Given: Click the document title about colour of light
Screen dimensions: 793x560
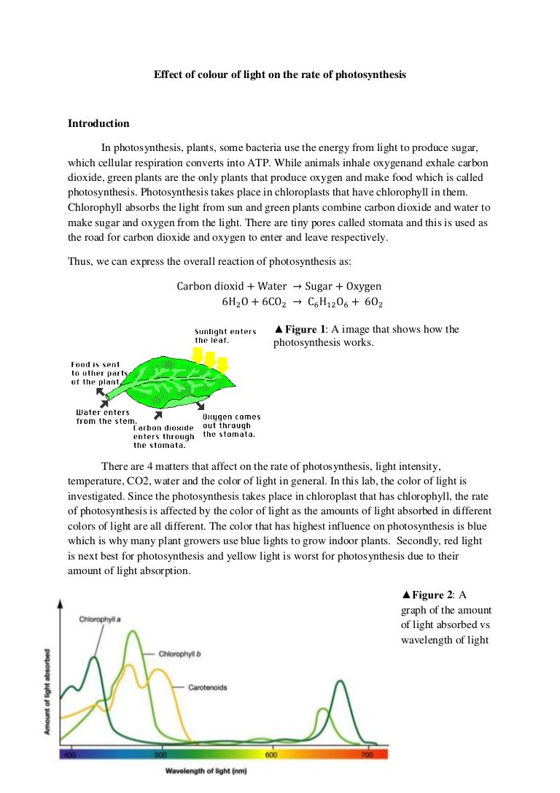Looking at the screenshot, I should [x=280, y=74].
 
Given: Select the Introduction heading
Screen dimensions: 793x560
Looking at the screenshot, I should [x=98, y=123].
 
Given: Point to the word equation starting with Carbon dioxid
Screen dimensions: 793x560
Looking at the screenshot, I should [x=279, y=286].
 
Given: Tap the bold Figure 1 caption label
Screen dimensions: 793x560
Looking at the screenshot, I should [x=300, y=329].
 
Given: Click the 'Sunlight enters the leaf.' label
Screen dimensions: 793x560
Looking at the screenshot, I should [x=225, y=336].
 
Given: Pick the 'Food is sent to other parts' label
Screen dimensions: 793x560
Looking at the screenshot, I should [x=99, y=373].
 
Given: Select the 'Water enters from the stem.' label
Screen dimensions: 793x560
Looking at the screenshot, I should [x=103, y=417].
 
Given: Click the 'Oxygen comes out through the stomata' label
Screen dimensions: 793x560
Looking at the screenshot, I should [x=231, y=425].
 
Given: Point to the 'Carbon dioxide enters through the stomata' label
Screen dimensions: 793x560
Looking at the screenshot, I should [x=163, y=436].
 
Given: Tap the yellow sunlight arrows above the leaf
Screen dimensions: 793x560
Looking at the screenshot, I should [x=209, y=359].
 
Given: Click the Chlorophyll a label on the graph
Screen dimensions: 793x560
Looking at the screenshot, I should [x=100, y=619].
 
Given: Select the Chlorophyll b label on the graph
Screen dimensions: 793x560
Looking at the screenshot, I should [x=180, y=654].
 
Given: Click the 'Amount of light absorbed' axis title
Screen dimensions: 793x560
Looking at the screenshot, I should [x=47, y=689].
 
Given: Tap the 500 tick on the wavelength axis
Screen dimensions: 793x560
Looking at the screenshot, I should [x=160, y=754].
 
